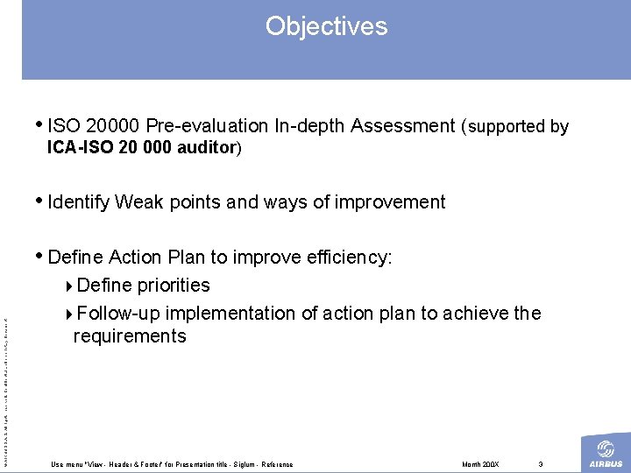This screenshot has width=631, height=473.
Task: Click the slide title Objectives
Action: point(326,26)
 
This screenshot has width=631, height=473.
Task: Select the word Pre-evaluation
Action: point(206,126)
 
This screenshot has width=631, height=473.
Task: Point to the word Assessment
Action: point(402,126)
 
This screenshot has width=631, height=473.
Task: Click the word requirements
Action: point(130,336)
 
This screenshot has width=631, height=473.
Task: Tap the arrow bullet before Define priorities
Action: point(70,286)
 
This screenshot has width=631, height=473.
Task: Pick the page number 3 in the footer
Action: point(542,464)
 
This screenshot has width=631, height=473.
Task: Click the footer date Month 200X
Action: point(479,464)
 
